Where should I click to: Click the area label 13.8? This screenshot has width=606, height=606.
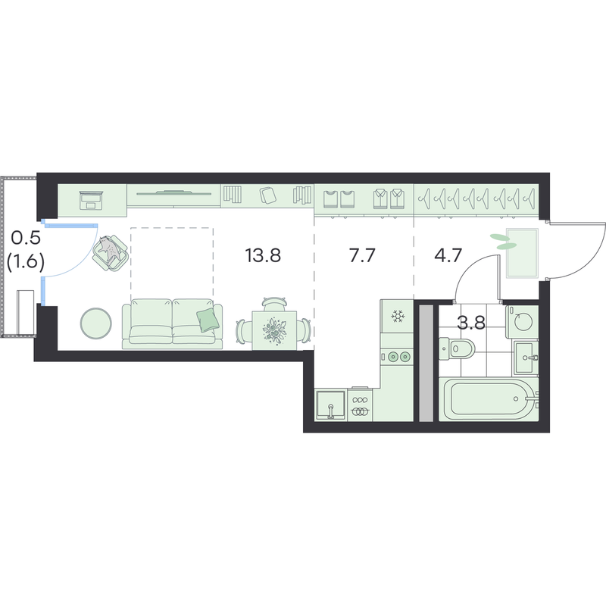tap(263, 255)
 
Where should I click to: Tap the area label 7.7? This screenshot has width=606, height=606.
tap(362, 255)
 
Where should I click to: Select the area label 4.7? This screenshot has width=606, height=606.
tap(448, 255)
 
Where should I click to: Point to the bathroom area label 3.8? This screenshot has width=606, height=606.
tap(471, 322)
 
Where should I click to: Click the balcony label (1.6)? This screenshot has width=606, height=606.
tap(25, 261)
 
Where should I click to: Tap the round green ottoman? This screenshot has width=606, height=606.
tap(96, 323)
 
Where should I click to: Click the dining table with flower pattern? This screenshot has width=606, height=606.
tap(274, 330)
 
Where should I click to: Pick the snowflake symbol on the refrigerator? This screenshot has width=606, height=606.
tap(397, 316)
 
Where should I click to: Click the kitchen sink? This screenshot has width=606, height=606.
tap(330, 405)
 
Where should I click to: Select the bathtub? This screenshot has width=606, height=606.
tap(489, 399)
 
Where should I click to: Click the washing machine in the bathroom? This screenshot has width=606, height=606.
tap(522, 321)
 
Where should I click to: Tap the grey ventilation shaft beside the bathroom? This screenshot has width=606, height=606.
tap(426, 363)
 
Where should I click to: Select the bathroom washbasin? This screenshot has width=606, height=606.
tap(526, 358)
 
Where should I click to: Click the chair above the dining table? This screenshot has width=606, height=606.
tap(274, 304)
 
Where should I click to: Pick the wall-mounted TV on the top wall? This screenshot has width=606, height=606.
tap(173, 192)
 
